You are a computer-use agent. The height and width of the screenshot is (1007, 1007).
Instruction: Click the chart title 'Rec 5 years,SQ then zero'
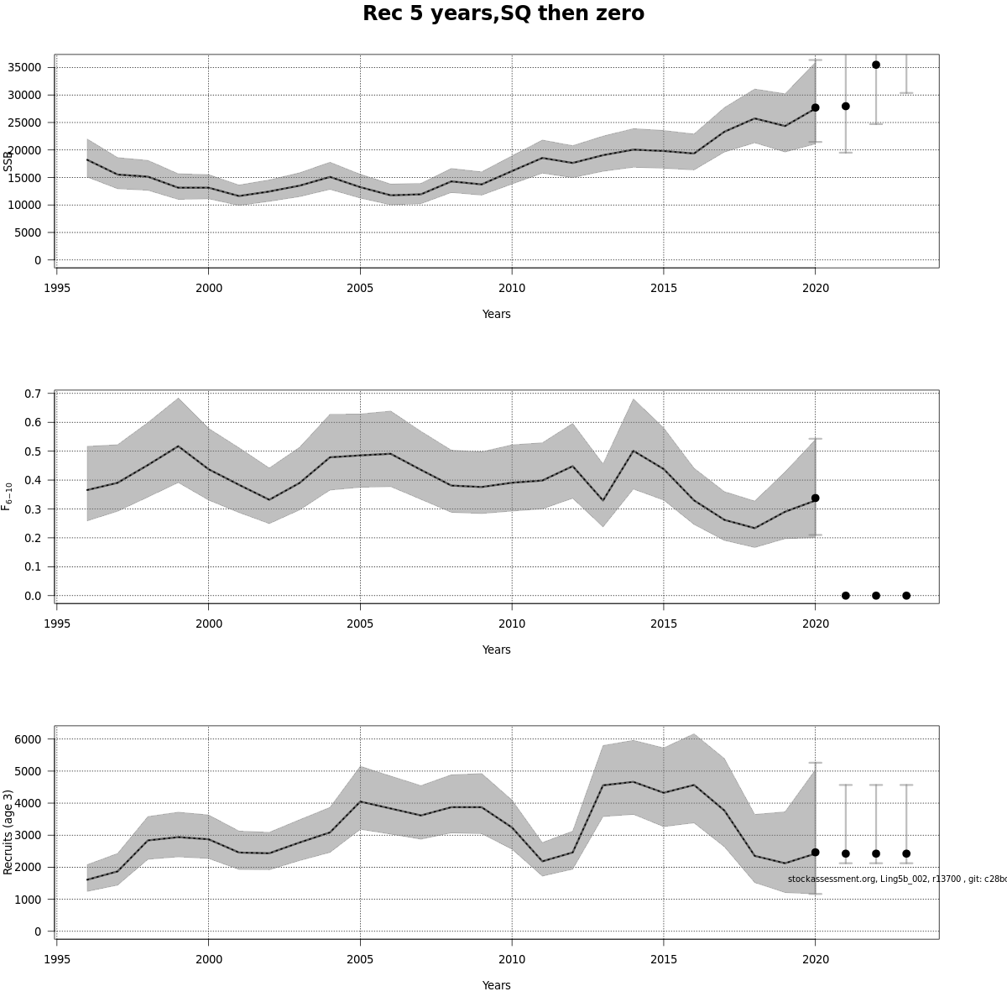(x=503, y=14)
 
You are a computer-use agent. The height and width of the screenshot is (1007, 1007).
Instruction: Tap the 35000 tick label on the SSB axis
(x=25, y=68)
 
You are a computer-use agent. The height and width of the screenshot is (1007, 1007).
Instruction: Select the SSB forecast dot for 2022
(x=876, y=65)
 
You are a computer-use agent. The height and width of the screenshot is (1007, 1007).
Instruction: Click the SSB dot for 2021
(x=846, y=107)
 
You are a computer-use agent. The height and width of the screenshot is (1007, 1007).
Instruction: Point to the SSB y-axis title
(x=8, y=160)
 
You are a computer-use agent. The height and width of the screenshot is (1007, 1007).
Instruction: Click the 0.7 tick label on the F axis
(x=34, y=394)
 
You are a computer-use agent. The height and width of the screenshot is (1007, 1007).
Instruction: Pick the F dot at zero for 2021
(x=846, y=596)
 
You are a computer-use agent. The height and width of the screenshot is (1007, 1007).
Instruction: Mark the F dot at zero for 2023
(x=906, y=596)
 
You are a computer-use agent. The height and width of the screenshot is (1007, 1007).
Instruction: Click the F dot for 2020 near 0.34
(x=815, y=498)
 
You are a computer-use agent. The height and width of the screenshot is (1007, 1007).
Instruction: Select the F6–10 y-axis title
(x=8, y=496)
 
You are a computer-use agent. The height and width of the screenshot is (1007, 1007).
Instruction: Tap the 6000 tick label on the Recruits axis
(x=28, y=739)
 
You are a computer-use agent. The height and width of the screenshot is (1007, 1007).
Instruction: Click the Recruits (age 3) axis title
(x=8, y=832)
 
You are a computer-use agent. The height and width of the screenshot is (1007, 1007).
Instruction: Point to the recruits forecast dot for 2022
(x=876, y=853)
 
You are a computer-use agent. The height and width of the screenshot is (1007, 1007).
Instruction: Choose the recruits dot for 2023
(x=906, y=853)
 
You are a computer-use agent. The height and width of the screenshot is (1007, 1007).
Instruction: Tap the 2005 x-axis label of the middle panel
(x=360, y=624)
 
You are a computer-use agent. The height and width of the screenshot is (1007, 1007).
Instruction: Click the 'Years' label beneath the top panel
(x=496, y=314)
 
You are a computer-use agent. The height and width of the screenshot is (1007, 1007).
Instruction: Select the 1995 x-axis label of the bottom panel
(x=57, y=959)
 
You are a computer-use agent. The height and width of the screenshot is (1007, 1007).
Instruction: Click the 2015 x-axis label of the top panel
(x=664, y=288)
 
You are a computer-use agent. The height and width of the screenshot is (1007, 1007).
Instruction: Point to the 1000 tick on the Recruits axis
(x=28, y=900)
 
